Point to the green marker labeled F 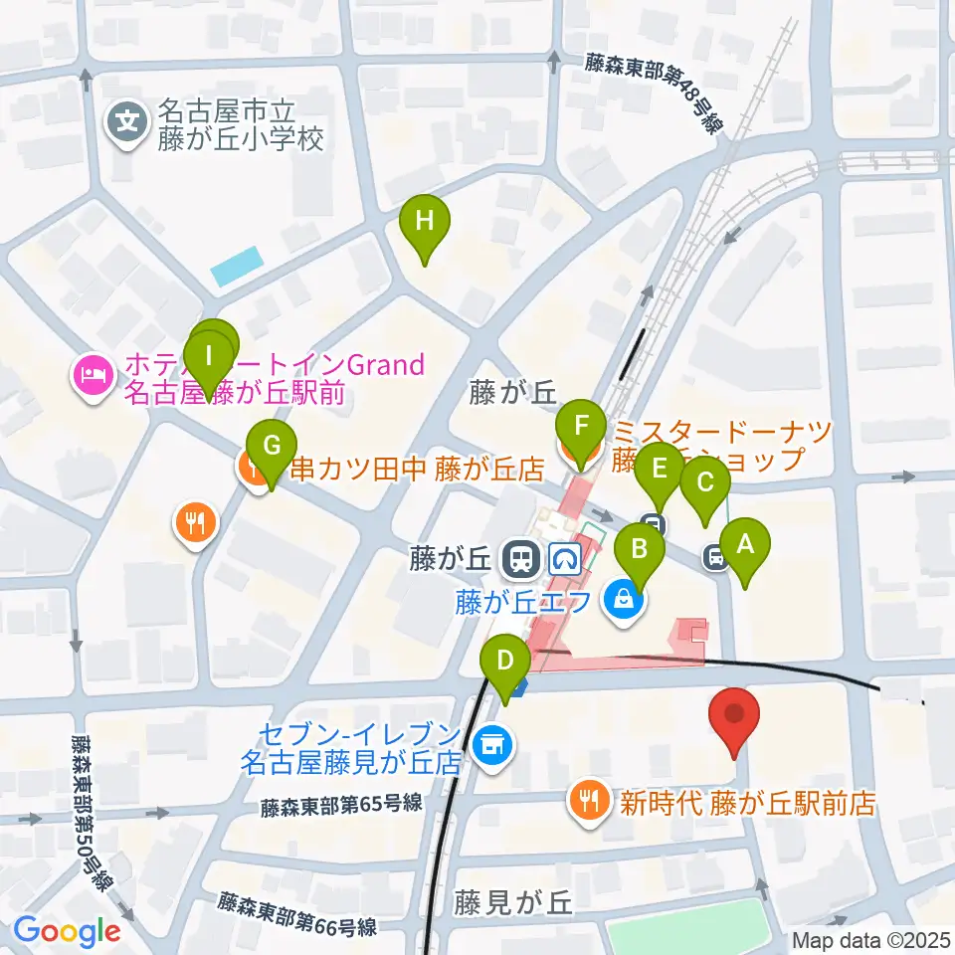[583, 430]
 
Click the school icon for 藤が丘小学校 [128, 123]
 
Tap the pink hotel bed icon [90, 377]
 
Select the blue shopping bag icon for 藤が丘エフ [623, 600]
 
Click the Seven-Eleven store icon [488, 741]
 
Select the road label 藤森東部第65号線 [343, 804]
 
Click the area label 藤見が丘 [513, 902]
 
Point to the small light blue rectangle [236, 265]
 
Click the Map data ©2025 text [871, 939]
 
